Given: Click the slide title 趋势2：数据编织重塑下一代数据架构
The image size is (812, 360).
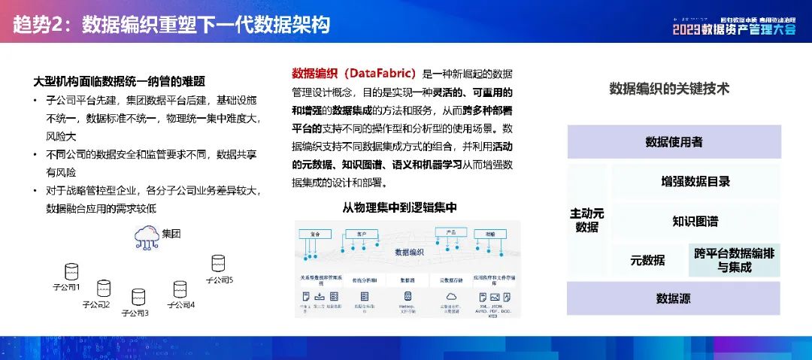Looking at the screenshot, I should [x=171, y=26].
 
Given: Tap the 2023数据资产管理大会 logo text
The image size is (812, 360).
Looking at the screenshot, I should [x=733, y=29].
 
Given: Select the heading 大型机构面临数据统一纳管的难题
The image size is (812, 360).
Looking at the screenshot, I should [x=120, y=81].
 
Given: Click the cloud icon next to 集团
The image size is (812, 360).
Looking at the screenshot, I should [x=147, y=236].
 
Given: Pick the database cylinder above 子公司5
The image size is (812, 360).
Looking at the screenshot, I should [x=218, y=263].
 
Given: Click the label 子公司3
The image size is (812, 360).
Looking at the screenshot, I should [x=135, y=313].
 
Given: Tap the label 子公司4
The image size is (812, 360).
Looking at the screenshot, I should [x=180, y=305].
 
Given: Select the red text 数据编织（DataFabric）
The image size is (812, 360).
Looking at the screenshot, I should [x=354, y=74].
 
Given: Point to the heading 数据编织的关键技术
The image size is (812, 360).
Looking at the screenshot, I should [x=669, y=89].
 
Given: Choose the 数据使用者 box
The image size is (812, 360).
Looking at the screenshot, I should [x=674, y=142].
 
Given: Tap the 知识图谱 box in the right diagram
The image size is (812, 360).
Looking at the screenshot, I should [x=695, y=222].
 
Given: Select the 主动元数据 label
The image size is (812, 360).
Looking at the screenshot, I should [x=586, y=220].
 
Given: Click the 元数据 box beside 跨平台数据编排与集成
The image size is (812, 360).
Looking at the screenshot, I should [x=647, y=261].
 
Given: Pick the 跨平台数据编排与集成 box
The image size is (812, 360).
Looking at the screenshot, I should [x=734, y=260].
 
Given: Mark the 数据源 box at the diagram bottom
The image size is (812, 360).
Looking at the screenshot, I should [x=673, y=298].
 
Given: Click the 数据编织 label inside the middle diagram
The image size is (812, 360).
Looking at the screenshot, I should [x=409, y=252].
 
